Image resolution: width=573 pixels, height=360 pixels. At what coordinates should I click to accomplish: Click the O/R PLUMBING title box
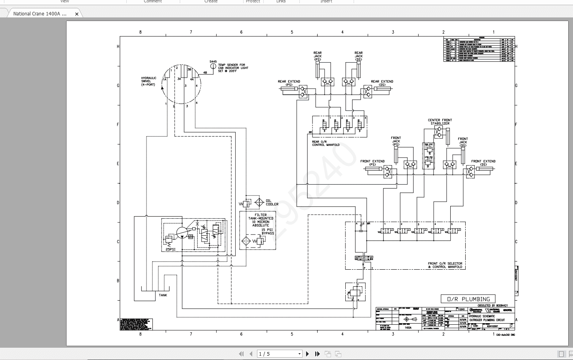(x=468, y=299)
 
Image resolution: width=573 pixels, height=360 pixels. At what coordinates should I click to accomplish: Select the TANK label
(x=163, y=295)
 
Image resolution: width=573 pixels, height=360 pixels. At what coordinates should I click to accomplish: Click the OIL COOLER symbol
(x=259, y=203)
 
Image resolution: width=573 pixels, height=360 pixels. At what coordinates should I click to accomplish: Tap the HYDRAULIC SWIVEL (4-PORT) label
(x=149, y=81)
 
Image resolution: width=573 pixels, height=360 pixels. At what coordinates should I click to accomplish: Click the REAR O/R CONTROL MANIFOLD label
(x=326, y=143)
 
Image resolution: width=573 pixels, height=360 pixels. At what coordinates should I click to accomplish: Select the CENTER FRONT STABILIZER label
(x=440, y=122)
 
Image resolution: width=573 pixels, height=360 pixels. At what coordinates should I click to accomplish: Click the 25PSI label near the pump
(x=170, y=250)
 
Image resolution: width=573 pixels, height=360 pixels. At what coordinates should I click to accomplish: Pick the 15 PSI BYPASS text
(x=268, y=232)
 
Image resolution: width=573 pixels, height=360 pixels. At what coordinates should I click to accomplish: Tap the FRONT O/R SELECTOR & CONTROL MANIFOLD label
(x=445, y=265)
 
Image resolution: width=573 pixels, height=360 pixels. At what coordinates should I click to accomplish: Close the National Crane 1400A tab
(x=77, y=14)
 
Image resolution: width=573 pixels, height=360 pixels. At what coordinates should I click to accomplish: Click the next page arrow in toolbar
(x=308, y=354)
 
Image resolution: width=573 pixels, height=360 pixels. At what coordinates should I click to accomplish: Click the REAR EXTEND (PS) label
(x=289, y=83)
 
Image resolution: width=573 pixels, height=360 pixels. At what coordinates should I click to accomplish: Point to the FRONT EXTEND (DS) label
(x=483, y=163)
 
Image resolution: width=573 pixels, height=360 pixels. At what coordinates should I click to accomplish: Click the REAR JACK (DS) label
(x=358, y=56)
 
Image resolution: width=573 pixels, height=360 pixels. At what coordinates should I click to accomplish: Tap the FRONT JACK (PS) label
(x=396, y=141)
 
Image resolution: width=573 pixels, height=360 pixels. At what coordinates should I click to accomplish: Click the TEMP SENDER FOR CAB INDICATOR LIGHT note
(x=233, y=68)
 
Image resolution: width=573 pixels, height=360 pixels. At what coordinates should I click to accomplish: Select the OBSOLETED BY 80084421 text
(x=493, y=306)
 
